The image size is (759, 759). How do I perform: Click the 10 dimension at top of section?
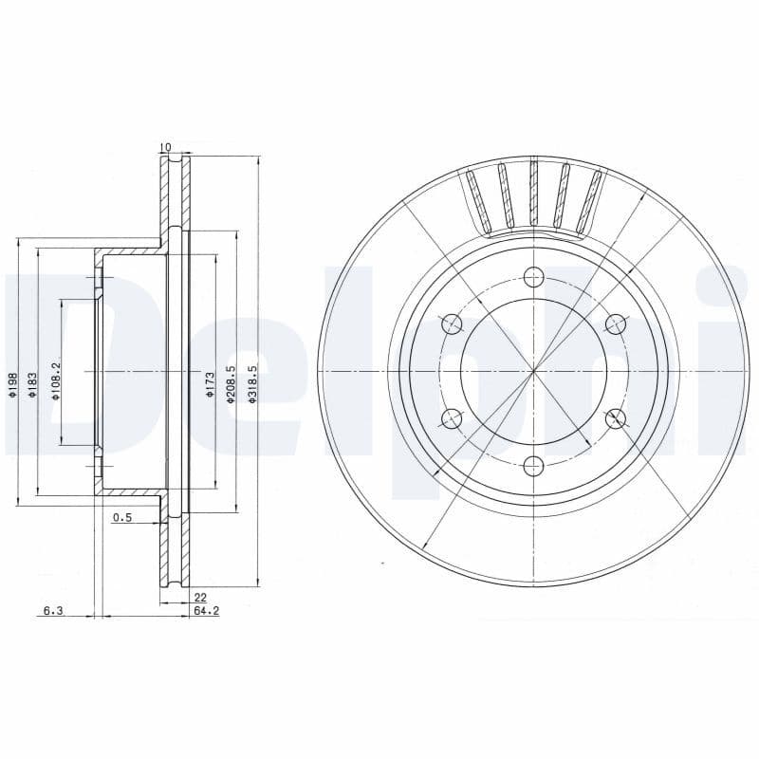[165, 147]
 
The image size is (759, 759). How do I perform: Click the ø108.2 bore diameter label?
[57, 381]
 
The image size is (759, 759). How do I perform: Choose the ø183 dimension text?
[33, 384]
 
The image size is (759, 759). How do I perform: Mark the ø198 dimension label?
[12, 384]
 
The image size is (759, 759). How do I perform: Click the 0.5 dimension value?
[121, 517]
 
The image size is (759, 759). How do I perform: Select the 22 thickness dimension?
[200, 597]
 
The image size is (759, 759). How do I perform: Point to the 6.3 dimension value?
[52, 612]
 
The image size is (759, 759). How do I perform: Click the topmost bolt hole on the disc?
[533, 277]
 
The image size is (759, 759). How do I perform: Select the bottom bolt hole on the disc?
[533, 465]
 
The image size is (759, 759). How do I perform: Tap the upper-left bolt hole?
[453, 324]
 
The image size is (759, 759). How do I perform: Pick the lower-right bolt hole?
[615, 417]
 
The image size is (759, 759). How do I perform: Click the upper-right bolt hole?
[615, 324]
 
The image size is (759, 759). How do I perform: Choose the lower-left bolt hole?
[453, 417]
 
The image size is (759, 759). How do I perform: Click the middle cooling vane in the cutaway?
[534, 194]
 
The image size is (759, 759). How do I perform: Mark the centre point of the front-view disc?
[533, 371]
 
